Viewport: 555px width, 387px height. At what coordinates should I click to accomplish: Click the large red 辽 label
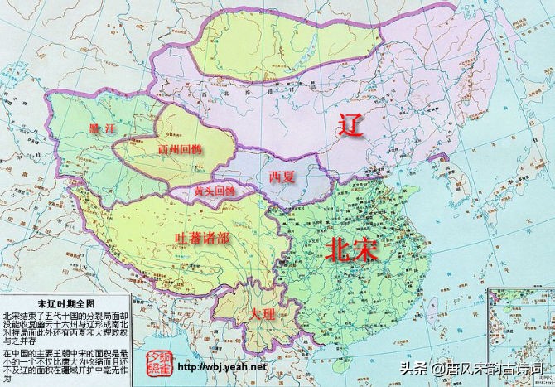(352, 127)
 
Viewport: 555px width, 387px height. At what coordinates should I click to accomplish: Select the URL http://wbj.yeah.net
(223, 367)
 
